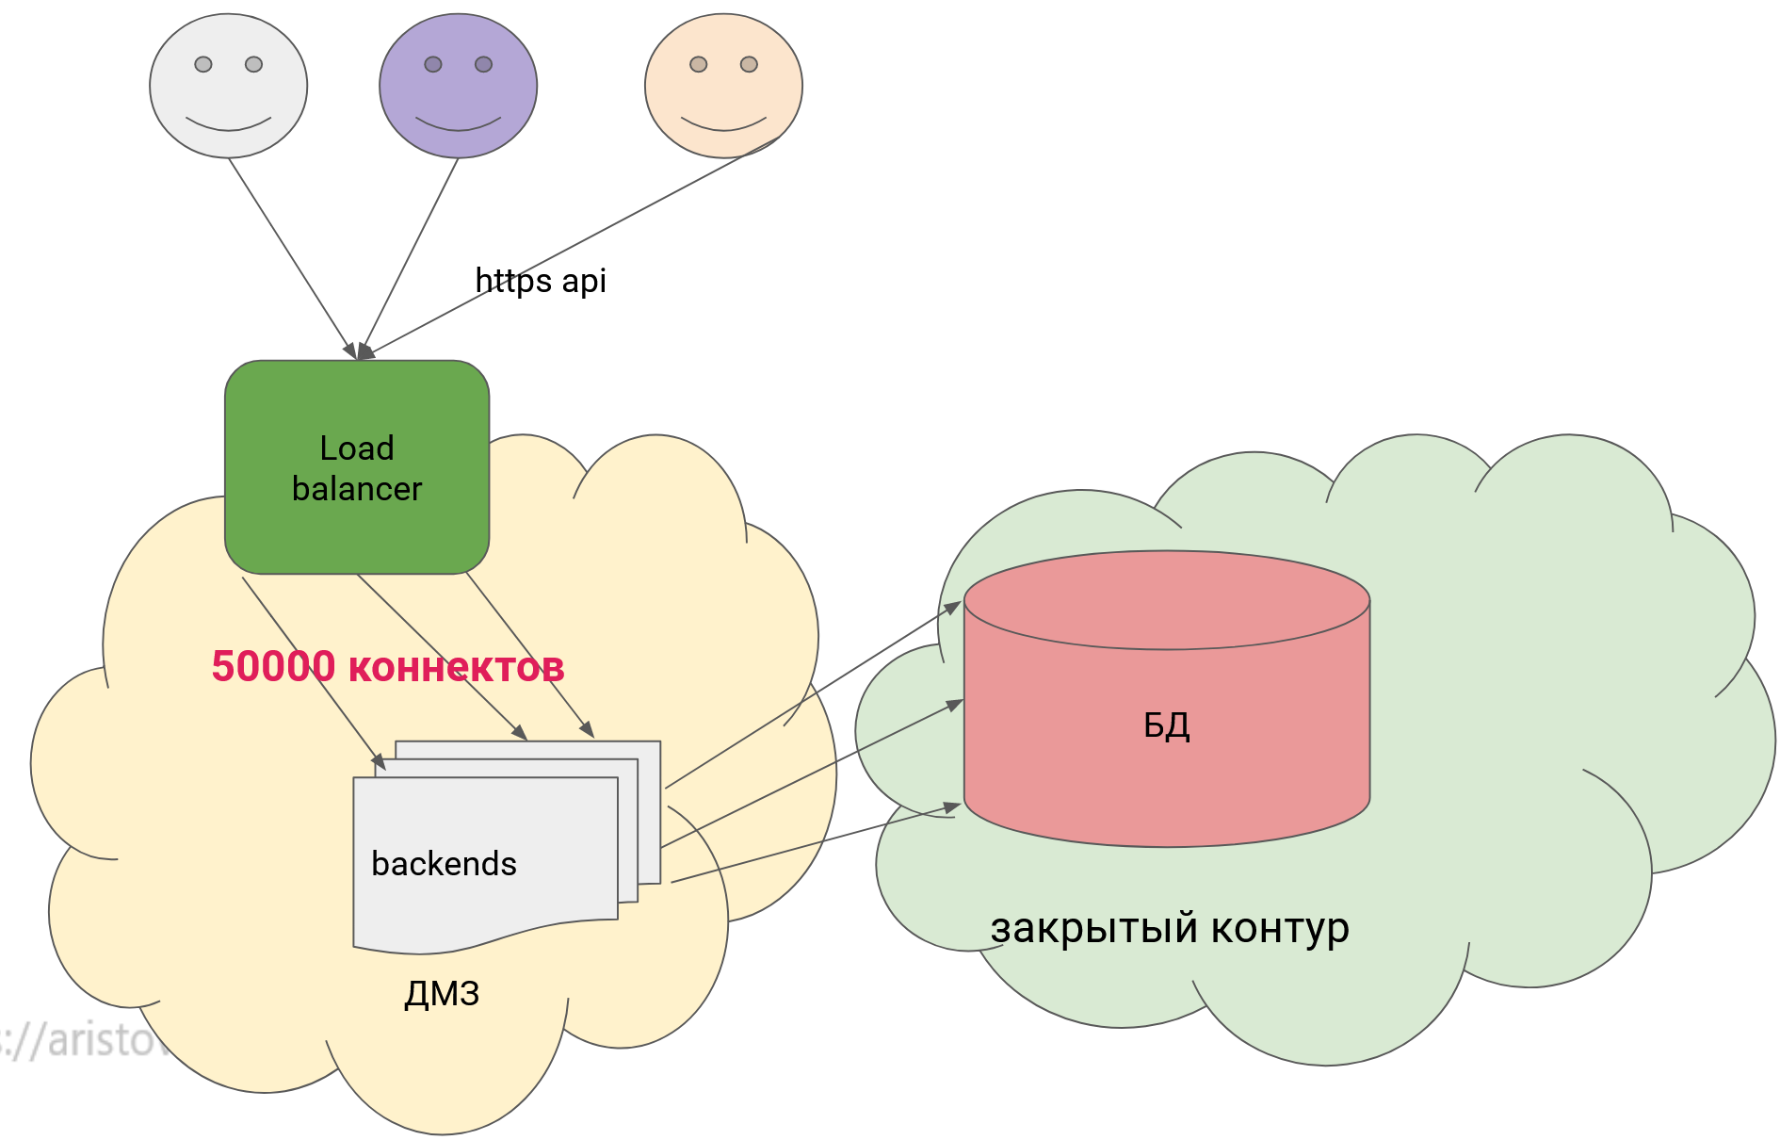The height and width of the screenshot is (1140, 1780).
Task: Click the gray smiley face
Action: point(228,86)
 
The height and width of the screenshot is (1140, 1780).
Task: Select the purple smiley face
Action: point(458,86)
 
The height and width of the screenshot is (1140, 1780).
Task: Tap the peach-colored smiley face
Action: point(723,86)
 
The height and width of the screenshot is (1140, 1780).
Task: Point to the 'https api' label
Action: point(541,281)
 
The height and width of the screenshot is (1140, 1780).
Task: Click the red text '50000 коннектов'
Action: point(387,666)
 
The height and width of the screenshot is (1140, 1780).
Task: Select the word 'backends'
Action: point(444,864)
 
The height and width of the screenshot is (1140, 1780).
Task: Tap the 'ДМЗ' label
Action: point(442,993)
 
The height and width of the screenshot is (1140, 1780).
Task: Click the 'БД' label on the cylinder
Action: point(1166,725)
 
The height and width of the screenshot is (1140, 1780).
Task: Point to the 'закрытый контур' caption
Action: point(1169,928)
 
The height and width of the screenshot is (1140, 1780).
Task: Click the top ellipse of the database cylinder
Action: point(1166,599)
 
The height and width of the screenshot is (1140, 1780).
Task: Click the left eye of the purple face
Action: point(433,64)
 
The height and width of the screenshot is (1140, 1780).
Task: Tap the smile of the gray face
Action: point(228,125)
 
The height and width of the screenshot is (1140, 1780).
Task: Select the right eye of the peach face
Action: point(749,64)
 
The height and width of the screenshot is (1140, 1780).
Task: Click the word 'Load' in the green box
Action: point(357,448)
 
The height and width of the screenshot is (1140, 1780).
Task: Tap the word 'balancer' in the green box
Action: point(357,489)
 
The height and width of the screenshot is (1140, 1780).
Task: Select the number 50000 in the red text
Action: point(273,666)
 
